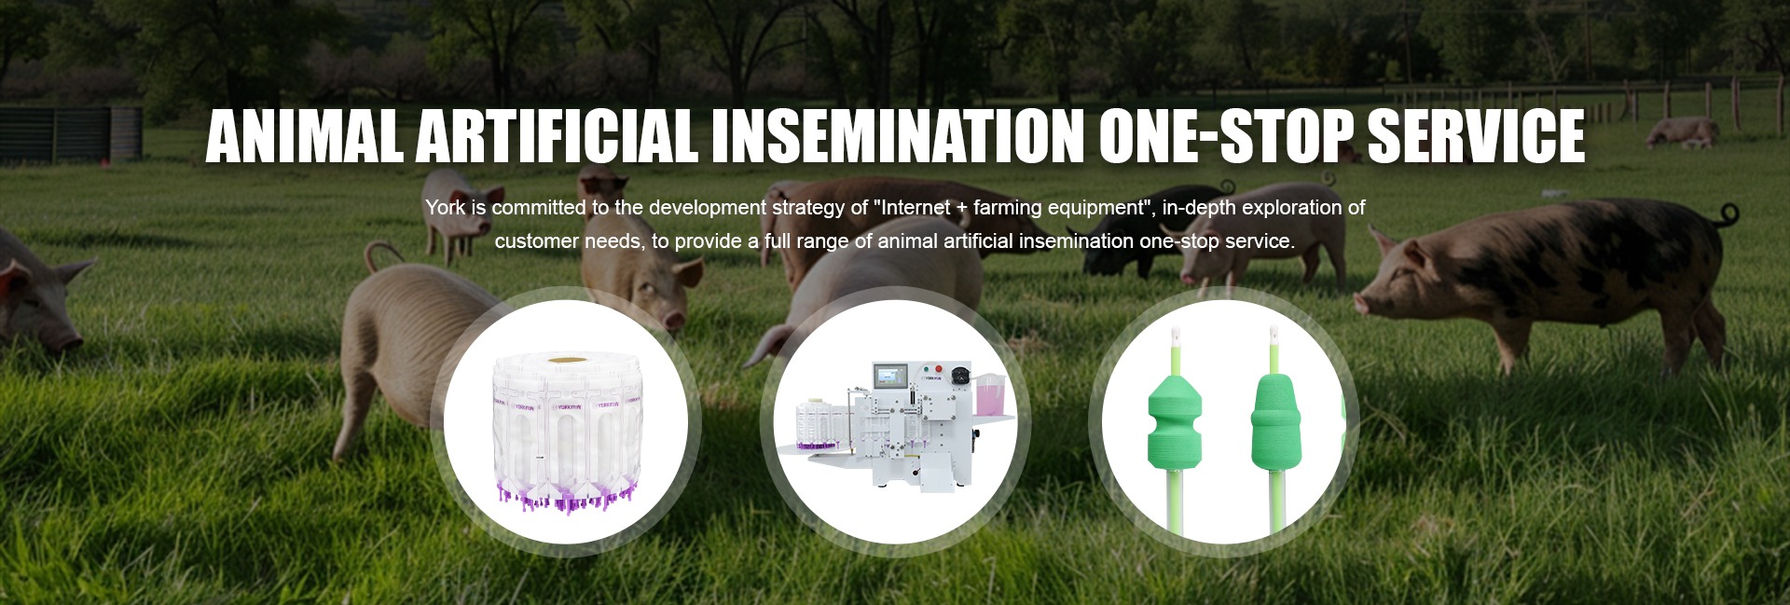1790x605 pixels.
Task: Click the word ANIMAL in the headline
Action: click(305, 136)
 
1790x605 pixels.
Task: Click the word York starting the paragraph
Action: click(445, 208)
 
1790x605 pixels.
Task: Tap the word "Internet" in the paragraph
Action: click(915, 208)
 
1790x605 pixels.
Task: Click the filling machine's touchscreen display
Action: click(889, 376)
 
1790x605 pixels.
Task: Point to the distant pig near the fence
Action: click(1682, 132)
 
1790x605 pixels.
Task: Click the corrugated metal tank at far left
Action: click(71, 134)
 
